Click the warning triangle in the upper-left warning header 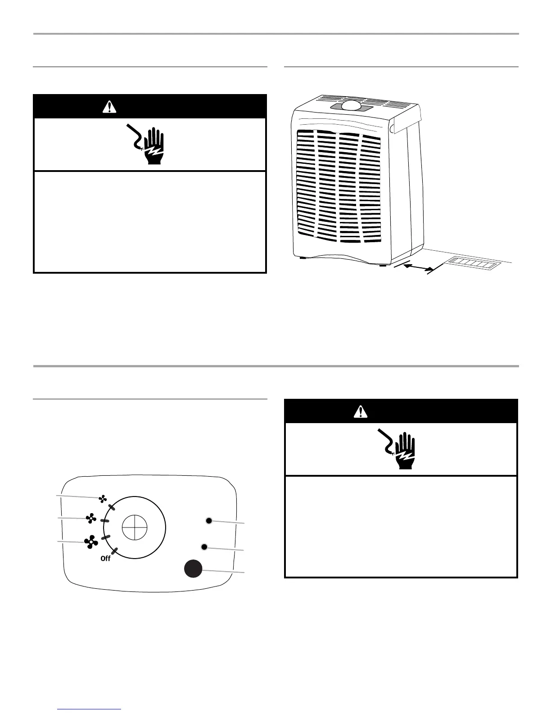coord(109,107)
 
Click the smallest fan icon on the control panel coord(103,499)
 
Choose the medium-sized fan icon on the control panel coord(91,519)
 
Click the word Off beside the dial coord(105,559)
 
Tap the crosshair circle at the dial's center coord(135,528)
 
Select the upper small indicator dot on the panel coord(208,521)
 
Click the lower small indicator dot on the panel coord(204,546)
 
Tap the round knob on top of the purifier coord(352,105)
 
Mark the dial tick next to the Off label coord(115,551)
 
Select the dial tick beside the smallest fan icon coord(111,507)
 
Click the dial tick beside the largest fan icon coord(106,538)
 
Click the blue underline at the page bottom coord(90,709)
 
